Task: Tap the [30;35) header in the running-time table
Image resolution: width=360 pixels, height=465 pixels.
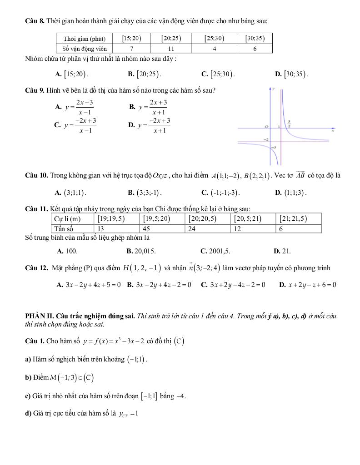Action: click(255, 39)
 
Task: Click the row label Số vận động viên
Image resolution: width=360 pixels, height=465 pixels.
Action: click(85, 49)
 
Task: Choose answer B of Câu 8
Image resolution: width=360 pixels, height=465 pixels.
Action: click(145, 73)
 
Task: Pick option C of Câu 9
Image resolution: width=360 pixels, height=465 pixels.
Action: click(75, 125)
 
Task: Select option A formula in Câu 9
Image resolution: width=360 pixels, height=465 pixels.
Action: click(75, 107)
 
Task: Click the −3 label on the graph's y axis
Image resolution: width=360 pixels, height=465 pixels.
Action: click(273, 148)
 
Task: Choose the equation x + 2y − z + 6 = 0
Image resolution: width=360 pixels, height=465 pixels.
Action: click(308, 285)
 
